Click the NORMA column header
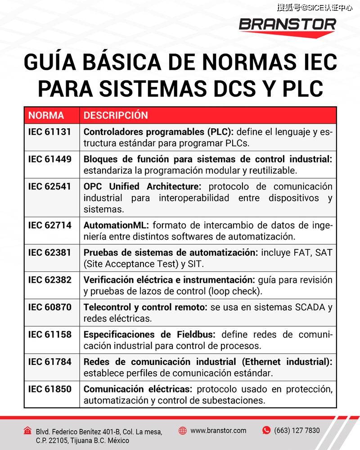(x=46, y=115)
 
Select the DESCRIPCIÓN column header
(x=116, y=115)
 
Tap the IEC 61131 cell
(x=49, y=132)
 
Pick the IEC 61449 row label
(x=49, y=159)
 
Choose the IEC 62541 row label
(x=49, y=186)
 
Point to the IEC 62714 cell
(x=49, y=225)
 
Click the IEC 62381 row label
(x=49, y=252)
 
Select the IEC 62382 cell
(x=49, y=279)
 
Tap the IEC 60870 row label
(x=49, y=307)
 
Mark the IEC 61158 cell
(x=49, y=334)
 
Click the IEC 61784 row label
(x=49, y=362)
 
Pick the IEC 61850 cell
(x=49, y=389)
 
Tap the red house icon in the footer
(x=28, y=431)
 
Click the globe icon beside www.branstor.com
(x=182, y=431)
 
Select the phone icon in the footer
(x=266, y=431)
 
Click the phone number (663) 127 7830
(x=297, y=431)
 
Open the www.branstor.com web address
(x=218, y=431)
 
